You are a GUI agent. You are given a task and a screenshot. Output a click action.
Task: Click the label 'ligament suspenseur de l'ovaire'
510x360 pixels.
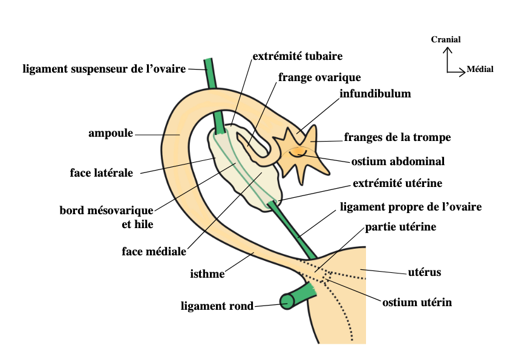[104, 68]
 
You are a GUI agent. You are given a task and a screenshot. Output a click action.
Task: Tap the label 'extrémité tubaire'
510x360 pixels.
[297, 56]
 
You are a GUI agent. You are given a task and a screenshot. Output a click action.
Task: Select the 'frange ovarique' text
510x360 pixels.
[319, 77]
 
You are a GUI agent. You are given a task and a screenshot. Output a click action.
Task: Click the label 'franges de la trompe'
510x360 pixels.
[397, 137]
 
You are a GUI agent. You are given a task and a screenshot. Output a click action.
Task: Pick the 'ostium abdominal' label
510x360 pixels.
[398, 162]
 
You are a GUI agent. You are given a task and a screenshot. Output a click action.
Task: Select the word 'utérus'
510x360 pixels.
[425, 272]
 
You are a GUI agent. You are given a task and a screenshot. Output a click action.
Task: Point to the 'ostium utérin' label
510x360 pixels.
[417, 301]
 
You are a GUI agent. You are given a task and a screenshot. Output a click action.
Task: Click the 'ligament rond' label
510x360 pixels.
[217, 306]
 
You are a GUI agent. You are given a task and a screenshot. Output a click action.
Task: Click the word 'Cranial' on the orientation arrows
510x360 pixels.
[446, 39]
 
